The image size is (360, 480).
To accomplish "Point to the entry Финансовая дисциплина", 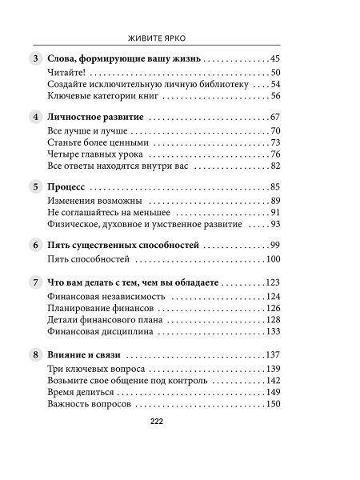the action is (x=94, y=331).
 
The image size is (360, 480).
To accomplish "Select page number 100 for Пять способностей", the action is (x=272, y=259).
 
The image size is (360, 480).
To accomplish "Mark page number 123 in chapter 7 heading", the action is (x=272, y=282).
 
